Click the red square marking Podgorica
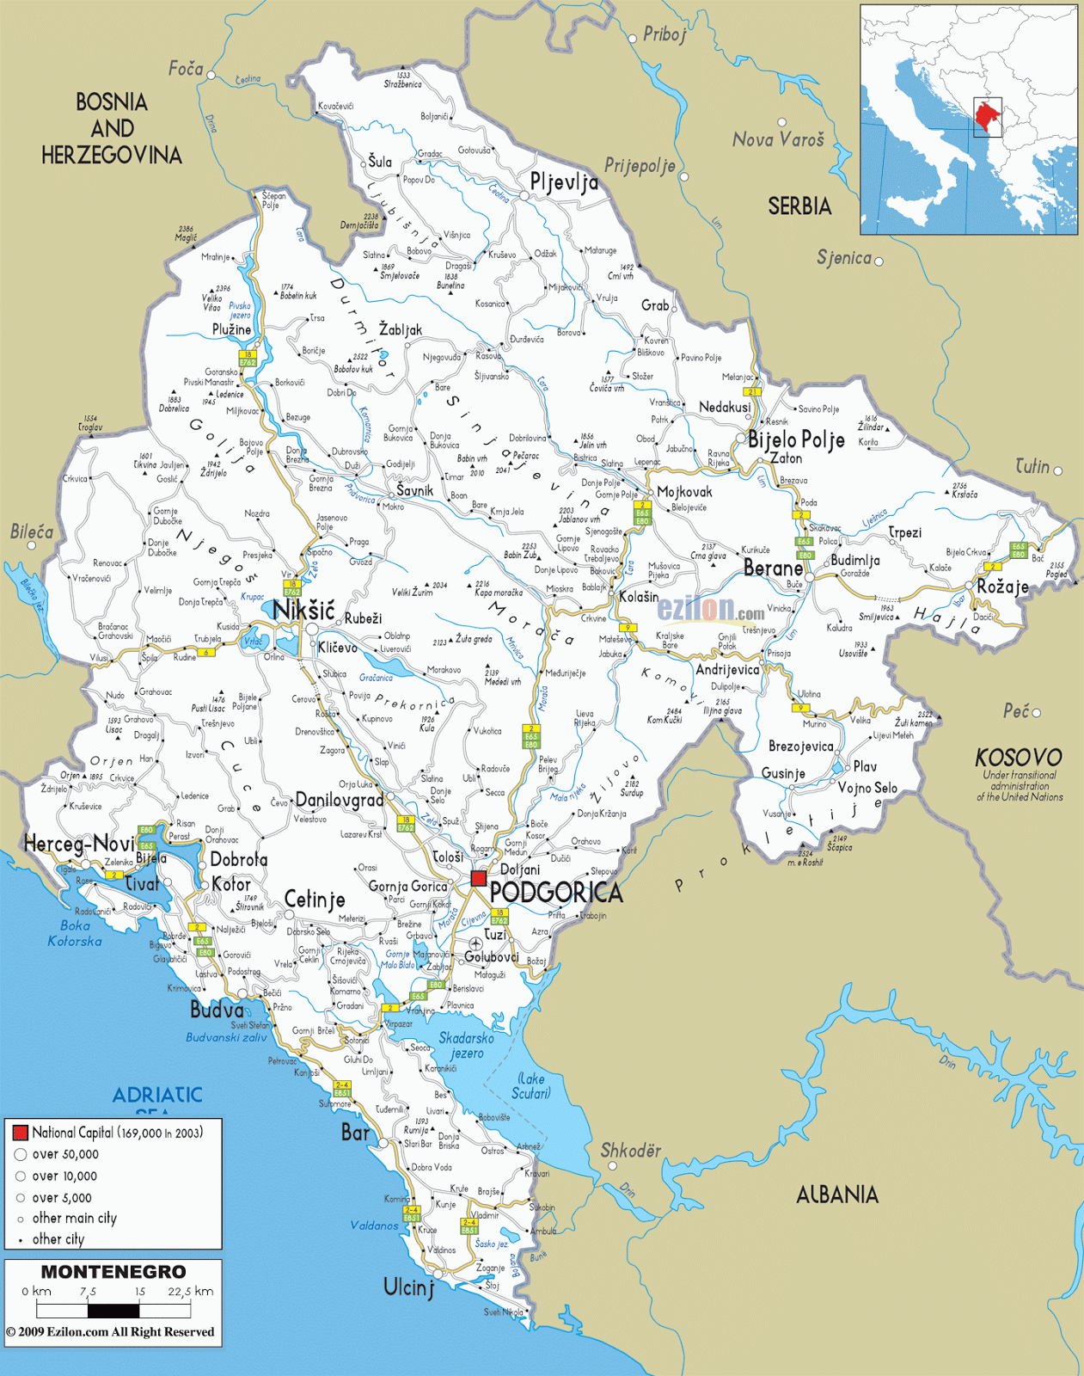point(479,878)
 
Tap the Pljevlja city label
point(564,182)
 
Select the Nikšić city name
point(303,611)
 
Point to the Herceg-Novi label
point(79,844)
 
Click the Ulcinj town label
point(409,1287)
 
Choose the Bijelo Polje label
point(796,440)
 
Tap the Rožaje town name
point(1002,587)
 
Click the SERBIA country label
point(799,206)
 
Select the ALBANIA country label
point(836,1195)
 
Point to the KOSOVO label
point(1019,758)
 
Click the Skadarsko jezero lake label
point(466,1045)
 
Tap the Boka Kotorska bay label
point(75,933)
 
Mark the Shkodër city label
point(631,1151)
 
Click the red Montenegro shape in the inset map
point(988,116)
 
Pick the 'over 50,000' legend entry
point(65,1154)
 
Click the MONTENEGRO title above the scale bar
point(113,1272)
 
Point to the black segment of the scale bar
point(113,1311)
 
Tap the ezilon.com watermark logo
point(710,609)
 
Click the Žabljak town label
point(401,329)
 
